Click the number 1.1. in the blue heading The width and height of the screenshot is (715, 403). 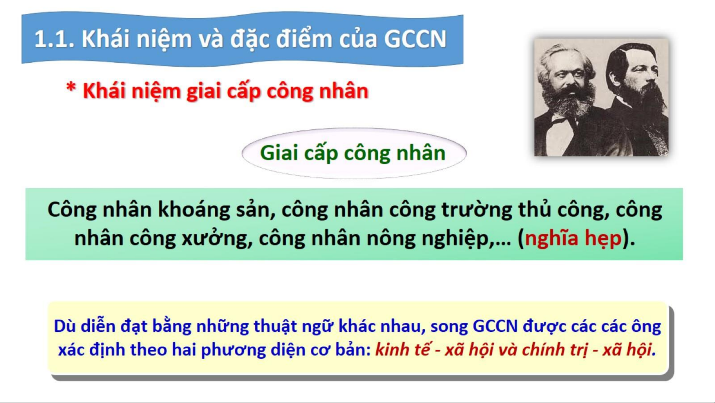pos(54,39)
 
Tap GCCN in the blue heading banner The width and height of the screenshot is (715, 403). pos(415,39)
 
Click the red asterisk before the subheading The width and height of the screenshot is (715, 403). pos(71,88)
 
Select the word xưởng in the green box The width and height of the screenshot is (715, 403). pos(215,239)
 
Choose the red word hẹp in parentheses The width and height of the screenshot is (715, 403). pos(603,239)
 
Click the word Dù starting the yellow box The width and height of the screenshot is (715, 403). pos(65,326)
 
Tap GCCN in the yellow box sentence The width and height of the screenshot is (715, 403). pos(495,326)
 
